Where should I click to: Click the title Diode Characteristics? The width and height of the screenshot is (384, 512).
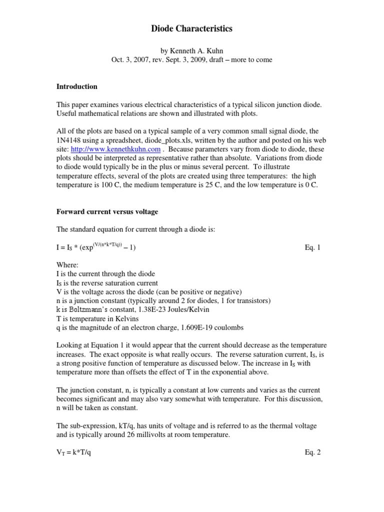coord(192,29)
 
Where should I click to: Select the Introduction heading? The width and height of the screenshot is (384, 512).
coord(76,86)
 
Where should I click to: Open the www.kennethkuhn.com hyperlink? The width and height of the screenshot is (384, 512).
coord(115,149)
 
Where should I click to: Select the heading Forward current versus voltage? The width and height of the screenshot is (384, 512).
coord(106,211)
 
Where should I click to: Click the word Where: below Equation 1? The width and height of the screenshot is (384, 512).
coord(66,264)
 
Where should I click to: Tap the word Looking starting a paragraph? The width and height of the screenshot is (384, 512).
coord(69,345)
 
